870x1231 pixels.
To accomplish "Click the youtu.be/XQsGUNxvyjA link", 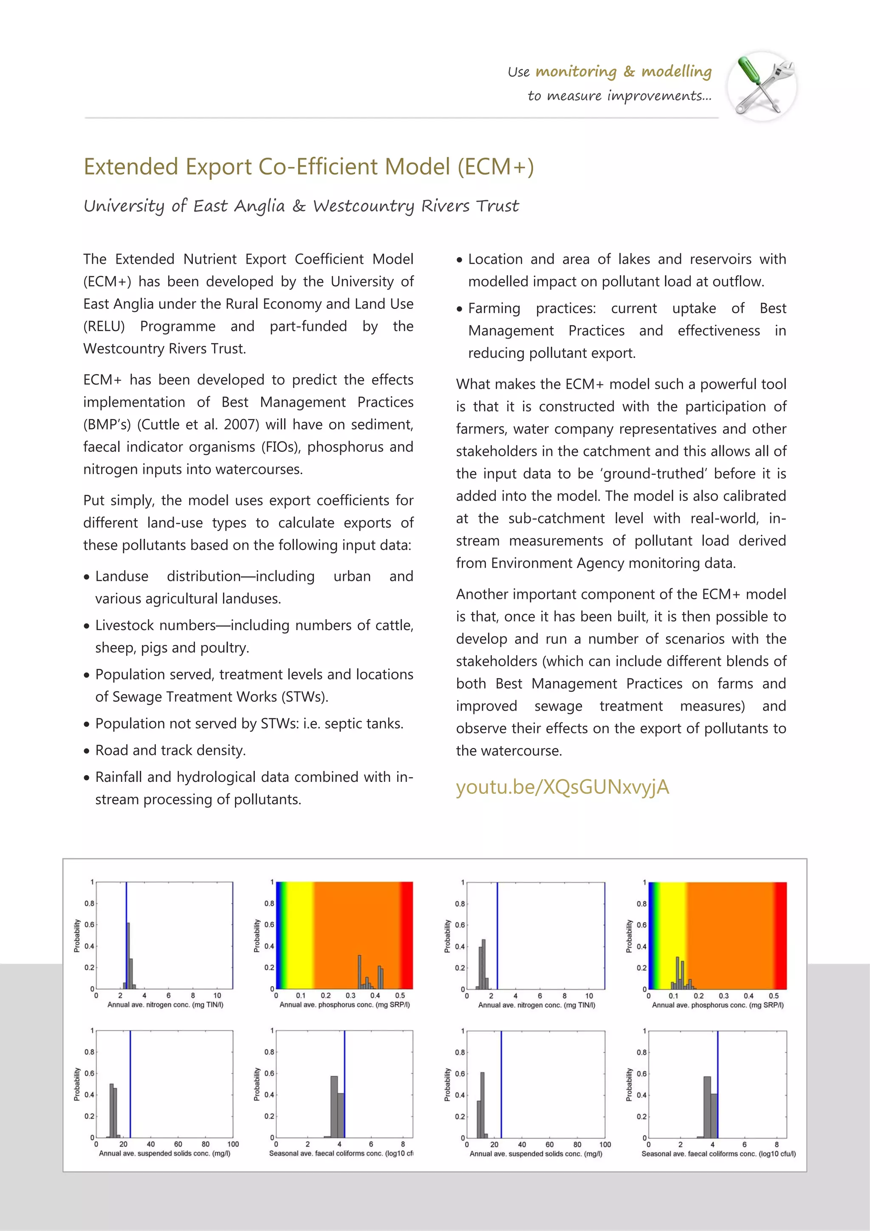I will click(562, 787).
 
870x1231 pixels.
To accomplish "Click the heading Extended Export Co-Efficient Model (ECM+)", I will click(309, 167).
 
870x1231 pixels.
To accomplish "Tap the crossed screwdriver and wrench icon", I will click(762, 86).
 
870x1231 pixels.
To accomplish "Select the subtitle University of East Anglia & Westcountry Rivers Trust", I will click(301, 206).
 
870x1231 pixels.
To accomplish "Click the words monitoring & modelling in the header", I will click(624, 71).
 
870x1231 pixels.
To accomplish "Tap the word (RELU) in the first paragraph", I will click(104, 326).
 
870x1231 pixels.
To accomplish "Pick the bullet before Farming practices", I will click(459, 309).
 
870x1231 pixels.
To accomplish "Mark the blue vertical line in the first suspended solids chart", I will click(130, 1083).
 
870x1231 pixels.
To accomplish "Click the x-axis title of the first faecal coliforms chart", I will click(341, 1153).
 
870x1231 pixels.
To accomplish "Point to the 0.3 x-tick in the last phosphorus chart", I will click(724, 996).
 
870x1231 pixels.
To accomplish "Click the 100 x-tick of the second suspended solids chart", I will click(604, 1144).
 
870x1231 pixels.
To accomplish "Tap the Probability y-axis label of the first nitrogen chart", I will click(76, 936).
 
